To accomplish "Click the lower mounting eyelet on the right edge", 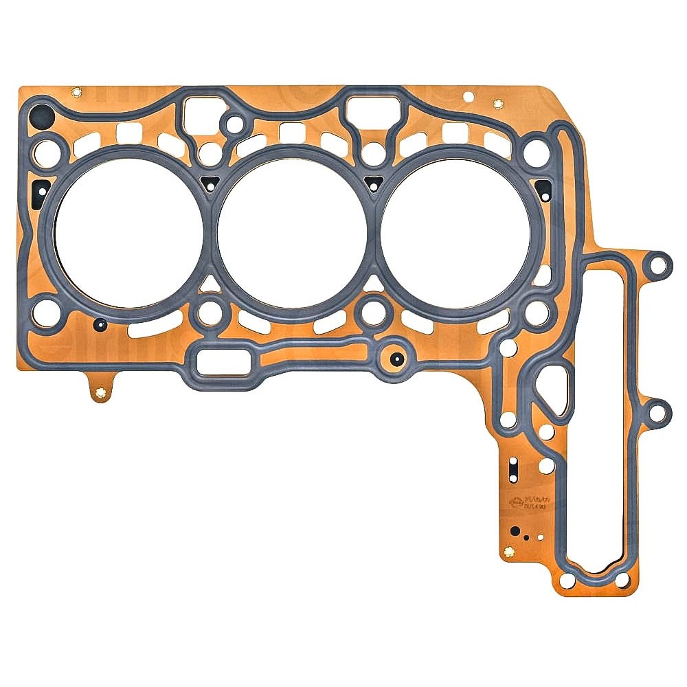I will tap(659, 411).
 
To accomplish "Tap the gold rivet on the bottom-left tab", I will tap(102, 394).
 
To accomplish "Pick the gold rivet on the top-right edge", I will tap(498, 104).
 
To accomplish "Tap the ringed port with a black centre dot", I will tap(394, 357).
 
